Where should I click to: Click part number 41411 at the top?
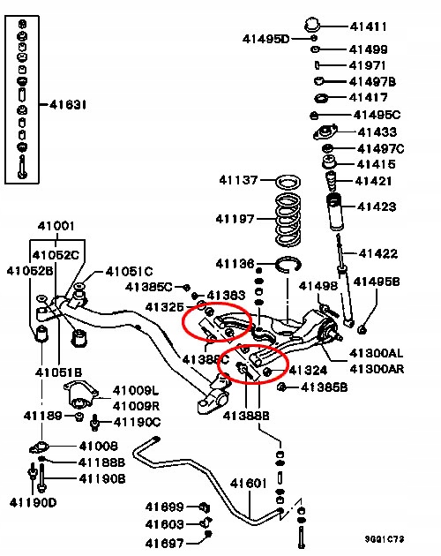click(x=368, y=26)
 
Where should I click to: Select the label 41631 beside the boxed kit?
click(x=68, y=105)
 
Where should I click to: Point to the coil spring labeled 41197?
click(x=288, y=219)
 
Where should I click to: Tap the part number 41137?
click(x=238, y=180)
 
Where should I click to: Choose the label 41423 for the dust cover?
click(x=377, y=207)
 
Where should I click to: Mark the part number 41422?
click(x=377, y=253)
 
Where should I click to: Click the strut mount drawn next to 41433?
click(x=325, y=132)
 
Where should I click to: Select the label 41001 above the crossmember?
click(x=56, y=226)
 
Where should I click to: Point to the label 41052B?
click(x=30, y=271)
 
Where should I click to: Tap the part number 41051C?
click(x=129, y=272)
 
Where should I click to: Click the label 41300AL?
click(x=376, y=353)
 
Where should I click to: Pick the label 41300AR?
click(x=377, y=369)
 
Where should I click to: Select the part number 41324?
click(x=308, y=371)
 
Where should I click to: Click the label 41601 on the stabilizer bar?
click(x=248, y=483)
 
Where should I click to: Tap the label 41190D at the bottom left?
click(x=33, y=502)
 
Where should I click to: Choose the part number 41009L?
click(x=136, y=391)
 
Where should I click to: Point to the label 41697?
click(x=164, y=543)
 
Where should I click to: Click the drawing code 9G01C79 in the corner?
click(x=385, y=539)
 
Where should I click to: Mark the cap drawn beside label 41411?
click(x=312, y=25)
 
